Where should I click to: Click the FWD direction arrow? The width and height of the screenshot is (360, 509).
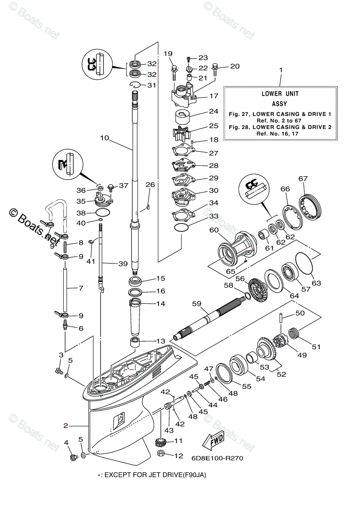212,442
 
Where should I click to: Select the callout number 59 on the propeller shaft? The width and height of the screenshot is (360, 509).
197,304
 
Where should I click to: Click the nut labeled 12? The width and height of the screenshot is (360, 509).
161,455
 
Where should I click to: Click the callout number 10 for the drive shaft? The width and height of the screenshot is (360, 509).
104,138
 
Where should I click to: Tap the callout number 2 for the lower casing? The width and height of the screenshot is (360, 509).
66,425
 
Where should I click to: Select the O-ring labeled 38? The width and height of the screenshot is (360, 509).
104,212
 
